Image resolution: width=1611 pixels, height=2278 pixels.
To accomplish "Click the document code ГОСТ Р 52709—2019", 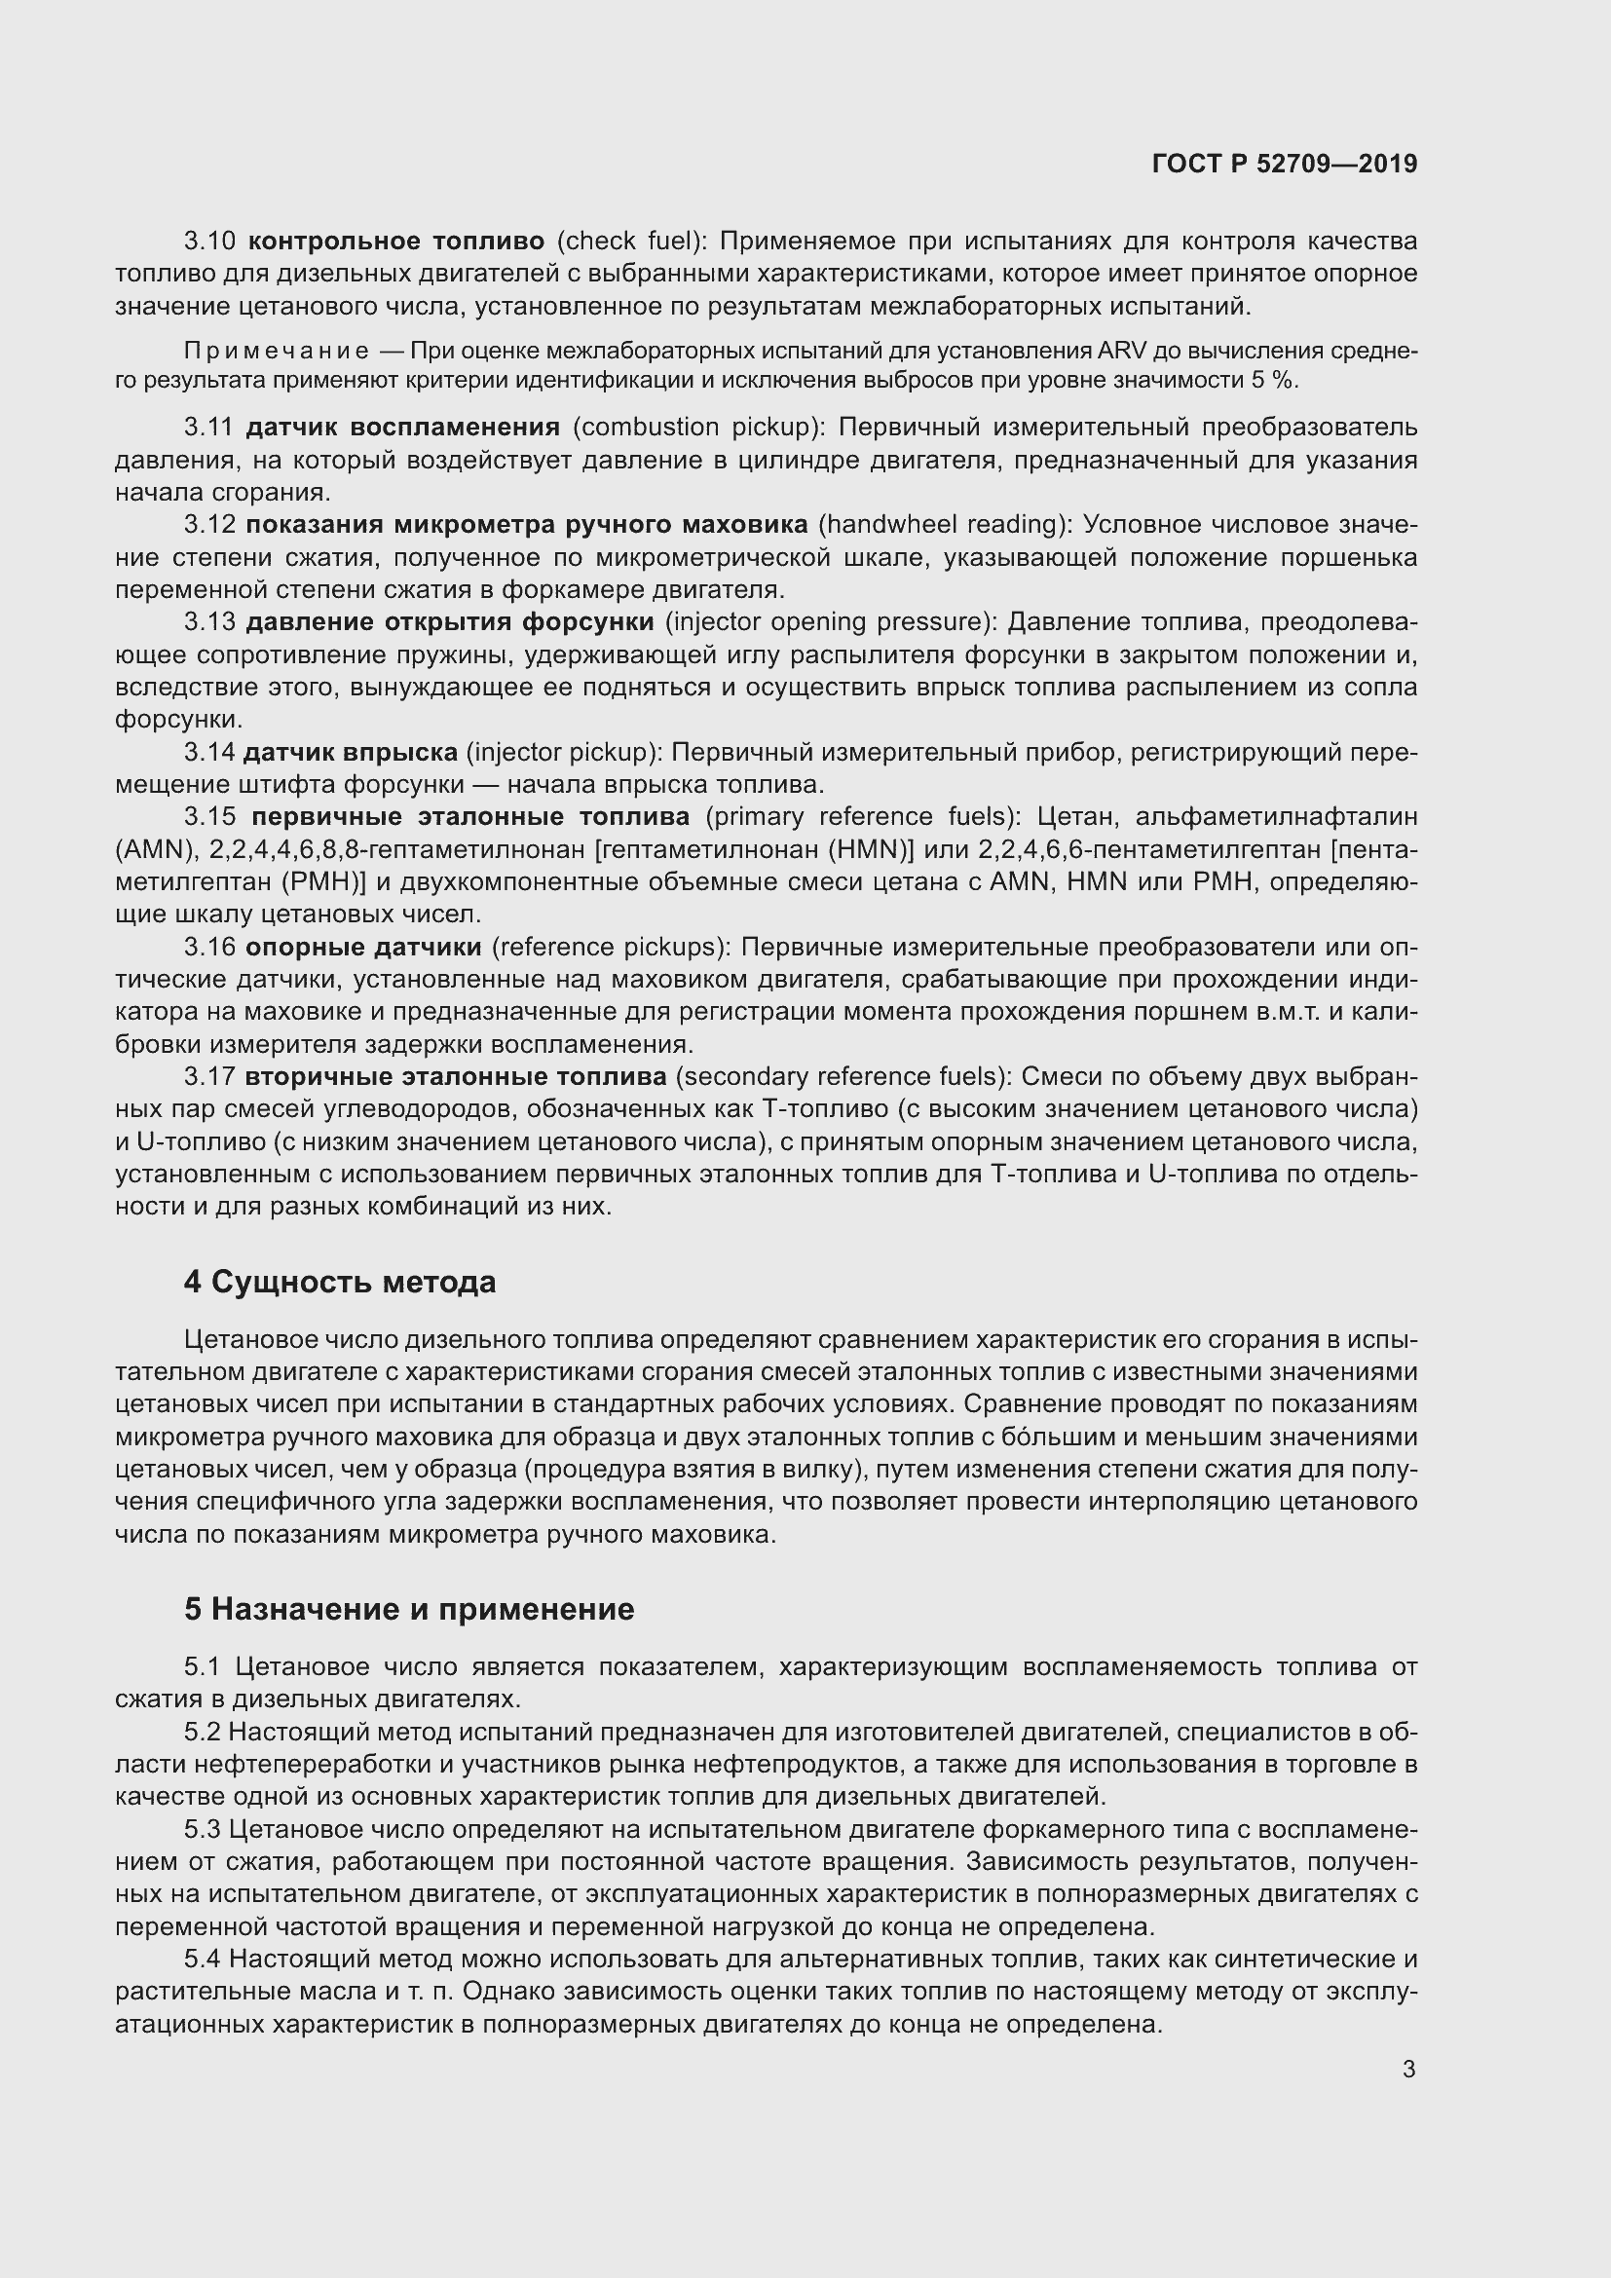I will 1285,164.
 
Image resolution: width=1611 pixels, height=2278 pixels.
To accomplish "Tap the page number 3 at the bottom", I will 1408,2070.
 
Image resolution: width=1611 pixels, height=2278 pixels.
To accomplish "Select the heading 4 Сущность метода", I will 339,1282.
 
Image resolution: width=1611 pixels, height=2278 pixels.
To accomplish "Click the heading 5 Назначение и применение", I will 409,1609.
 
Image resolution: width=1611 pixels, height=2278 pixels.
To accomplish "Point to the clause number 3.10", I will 209,242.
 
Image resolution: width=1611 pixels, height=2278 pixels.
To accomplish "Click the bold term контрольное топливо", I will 395,242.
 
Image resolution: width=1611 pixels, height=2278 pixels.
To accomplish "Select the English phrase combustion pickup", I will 699,428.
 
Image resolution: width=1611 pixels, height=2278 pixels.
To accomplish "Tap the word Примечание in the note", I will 277,352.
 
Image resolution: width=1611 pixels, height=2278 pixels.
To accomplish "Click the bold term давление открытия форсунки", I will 449,622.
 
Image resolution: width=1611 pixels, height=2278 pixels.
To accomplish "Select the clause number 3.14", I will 208,753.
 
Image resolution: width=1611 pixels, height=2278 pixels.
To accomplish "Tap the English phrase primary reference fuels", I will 862,816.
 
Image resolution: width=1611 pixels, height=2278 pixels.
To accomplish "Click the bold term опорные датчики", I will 363,948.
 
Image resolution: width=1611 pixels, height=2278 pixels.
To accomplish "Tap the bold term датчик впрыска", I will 351,753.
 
